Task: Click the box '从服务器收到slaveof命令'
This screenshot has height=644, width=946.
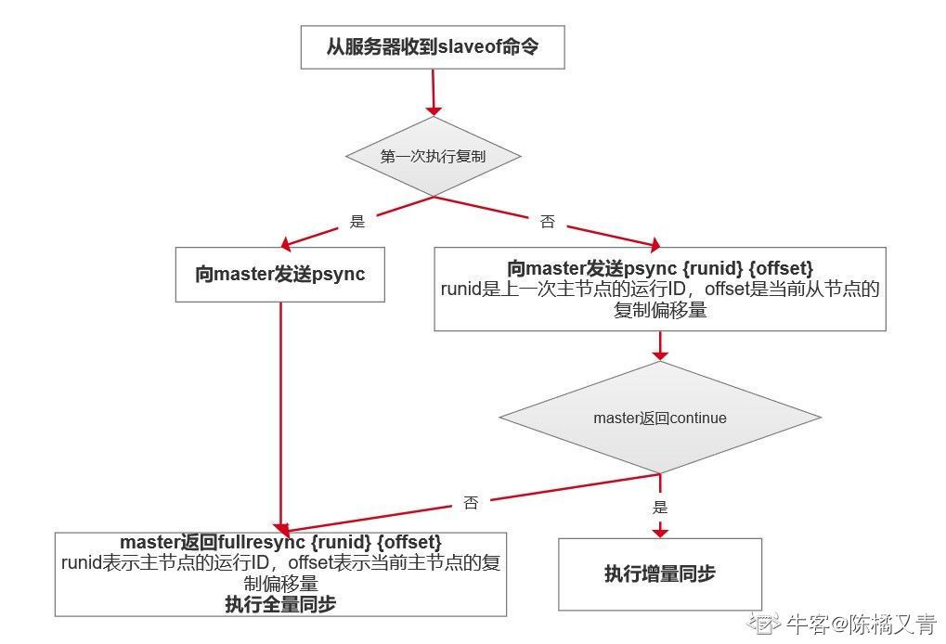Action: (x=433, y=47)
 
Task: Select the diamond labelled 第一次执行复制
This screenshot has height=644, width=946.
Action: (x=434, y=156)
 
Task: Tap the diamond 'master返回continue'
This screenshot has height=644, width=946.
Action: (x=660, y=418)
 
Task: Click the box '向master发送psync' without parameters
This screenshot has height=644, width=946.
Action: (x=280, y=275)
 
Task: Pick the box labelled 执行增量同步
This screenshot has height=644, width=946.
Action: (x=660, y=574)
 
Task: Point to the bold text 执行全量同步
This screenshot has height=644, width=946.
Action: (x=280, y=603)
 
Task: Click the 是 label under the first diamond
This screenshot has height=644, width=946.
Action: (x=357, y=221)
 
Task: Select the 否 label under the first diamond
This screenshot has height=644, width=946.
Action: (x=547, y=221)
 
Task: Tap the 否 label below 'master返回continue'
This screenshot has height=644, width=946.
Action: (x=471, y=502)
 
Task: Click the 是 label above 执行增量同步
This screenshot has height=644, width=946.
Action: (x=660, y=507)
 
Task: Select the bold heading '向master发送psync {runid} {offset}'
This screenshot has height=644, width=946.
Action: (x=660, y=268)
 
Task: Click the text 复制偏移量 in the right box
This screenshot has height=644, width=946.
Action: (x=660, y=310)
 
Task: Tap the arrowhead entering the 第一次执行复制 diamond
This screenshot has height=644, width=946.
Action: (x=434, y=111)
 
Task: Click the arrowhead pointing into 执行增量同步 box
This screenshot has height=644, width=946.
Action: (x=660, y=531)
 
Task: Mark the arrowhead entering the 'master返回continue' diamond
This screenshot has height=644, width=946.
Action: (x=660, y=354)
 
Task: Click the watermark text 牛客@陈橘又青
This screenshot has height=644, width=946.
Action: (x=861, y=625)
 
